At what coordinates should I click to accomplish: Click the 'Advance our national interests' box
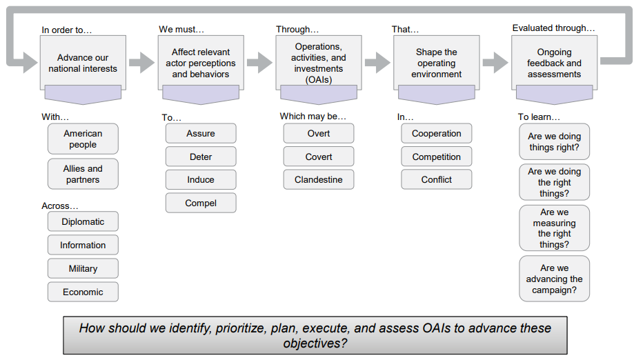(83, 63)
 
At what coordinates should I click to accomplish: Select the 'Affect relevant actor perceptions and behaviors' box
(201, 63)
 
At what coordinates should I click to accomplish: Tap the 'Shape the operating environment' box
(436, 63)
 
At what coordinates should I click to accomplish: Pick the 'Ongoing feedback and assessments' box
(555, 63)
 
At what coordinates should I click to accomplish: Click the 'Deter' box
(201, 157)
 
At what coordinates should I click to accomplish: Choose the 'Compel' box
(201, 203)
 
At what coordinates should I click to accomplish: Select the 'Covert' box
(319, 157)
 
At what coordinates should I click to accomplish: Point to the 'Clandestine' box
(319, 180)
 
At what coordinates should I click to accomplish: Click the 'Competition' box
(436, 157)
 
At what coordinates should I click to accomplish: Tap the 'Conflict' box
(436, 180)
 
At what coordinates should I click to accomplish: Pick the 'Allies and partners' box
(83, 174)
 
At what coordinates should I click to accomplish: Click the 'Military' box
(83, 269)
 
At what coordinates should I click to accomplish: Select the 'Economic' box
(83, 292)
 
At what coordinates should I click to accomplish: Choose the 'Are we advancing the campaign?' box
(555, 279)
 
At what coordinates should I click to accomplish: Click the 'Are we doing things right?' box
(555, 142)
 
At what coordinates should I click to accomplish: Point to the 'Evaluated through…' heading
(553, 28)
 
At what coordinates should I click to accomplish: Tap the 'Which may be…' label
(313, 117)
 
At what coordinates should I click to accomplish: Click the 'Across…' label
(60, 206)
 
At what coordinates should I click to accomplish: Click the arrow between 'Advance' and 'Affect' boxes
(142, 62)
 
